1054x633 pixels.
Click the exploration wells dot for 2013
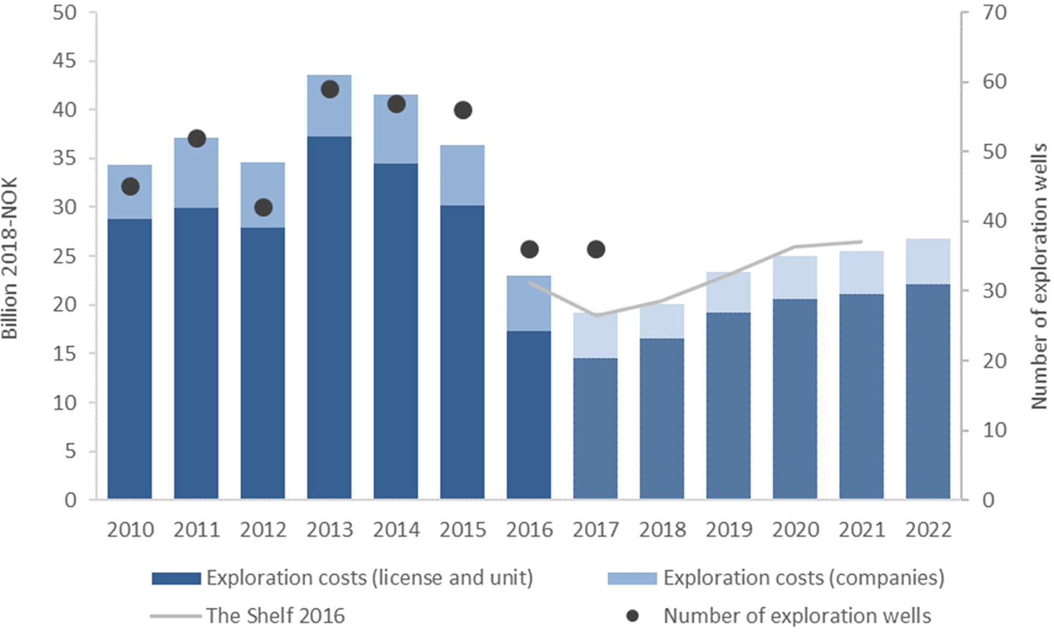point(329,89)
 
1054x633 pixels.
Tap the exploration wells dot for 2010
point(130,186)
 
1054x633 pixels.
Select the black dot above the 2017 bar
point(596,250)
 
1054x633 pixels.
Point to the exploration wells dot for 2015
point(463,110)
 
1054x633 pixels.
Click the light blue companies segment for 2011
point(196,173)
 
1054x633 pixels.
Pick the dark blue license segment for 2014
point(396,329)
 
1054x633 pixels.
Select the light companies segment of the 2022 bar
point(928,262)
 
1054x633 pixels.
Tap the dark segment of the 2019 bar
point(728,406)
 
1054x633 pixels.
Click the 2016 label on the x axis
point(529,530)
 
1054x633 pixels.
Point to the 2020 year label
point(795,530)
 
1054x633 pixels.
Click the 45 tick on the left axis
point(64,61)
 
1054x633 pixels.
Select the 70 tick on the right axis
point(994,12)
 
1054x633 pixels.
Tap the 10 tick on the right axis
point(994,430)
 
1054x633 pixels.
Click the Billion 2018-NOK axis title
point(10,258)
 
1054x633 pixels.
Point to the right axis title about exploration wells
point(1039,276)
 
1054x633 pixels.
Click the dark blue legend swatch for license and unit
point(176,578)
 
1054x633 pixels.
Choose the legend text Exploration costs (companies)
point(804,578)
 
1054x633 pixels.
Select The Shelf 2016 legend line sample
point(176,616)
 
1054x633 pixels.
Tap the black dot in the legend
point(632,616)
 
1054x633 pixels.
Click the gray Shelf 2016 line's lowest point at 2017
point(596,315)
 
